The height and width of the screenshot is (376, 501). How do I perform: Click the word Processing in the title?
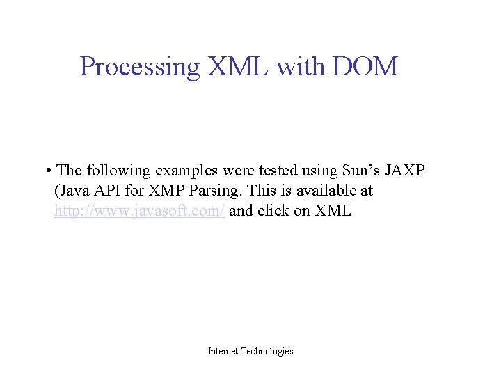click(x=139, y=67)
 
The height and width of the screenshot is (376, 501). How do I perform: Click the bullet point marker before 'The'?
click(x=45, y=171)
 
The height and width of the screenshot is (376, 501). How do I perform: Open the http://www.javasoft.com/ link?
click(x=139, y=211)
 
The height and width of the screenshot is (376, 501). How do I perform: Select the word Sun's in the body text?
click(x=360, y=171)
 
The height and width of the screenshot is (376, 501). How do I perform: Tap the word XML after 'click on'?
click(x=333, y=211)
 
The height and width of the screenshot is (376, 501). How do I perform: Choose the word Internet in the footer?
click(x=223, y=352)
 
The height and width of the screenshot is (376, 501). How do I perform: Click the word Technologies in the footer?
click(x=267, y=352)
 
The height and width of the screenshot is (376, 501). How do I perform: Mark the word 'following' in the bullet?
click(x=119, y=171)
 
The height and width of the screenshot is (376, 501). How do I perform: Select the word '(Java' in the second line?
click(x=72, y=191)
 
